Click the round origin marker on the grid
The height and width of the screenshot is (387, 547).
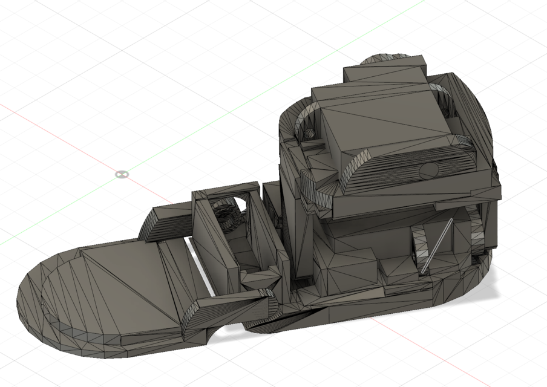pos(122,174)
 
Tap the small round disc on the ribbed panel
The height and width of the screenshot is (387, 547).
pos(429,169)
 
